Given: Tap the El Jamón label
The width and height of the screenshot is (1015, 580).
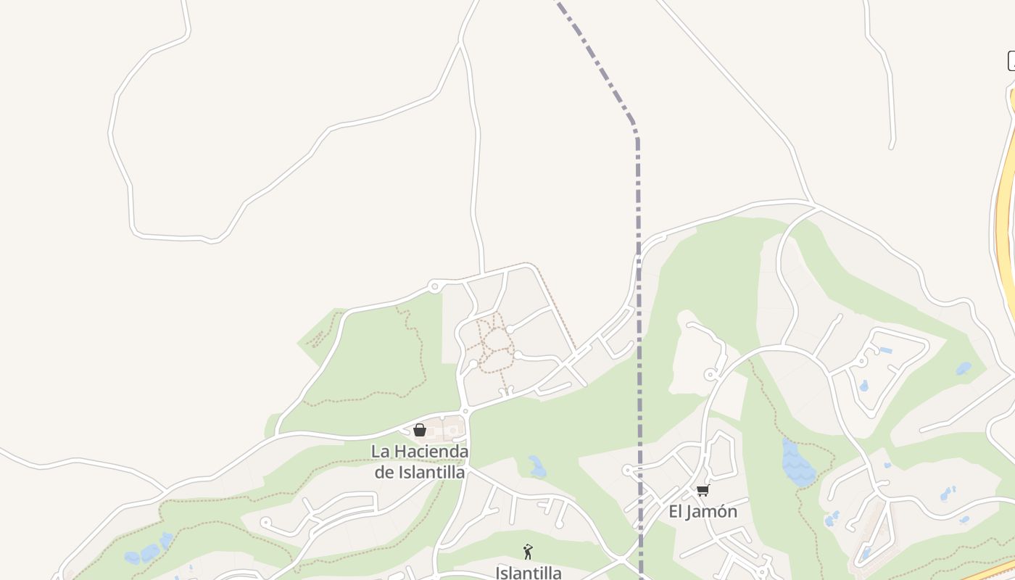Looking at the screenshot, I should coord(703,512).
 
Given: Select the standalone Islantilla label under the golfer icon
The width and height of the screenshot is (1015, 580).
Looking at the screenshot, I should coord(529,573).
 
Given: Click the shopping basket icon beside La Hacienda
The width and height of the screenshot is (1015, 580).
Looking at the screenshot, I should coord(419,430).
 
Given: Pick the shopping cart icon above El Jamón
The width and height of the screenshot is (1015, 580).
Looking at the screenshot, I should coord(703,491).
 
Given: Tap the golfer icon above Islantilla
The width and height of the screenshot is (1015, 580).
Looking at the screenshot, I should coord(528,552).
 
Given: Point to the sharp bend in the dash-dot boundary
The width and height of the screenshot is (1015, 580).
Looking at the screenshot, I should coord(636,130).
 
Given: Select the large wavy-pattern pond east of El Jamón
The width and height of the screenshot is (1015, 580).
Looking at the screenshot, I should coord(797,464).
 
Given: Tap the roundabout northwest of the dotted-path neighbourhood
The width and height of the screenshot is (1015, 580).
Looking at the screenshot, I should coord(434,287).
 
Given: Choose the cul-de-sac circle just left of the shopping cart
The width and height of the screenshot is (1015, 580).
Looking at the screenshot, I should coord(628,470).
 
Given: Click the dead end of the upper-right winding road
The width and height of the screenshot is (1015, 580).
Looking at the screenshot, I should coord(892,147).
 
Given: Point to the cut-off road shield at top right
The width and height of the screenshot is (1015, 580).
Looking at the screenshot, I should coord(1011,62).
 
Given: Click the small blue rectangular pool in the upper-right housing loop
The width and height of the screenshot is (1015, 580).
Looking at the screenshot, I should coord(885,351).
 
